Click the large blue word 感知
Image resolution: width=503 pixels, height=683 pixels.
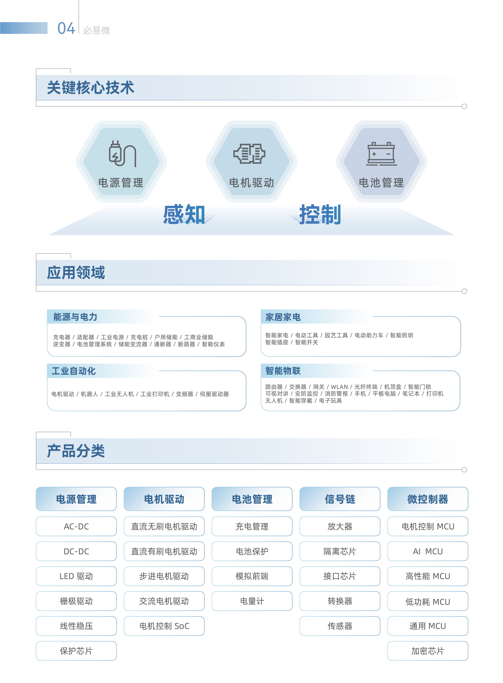pyautogui.click(x=184, y=215)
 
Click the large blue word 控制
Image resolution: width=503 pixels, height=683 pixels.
pyautogui.click(x=320, y=215)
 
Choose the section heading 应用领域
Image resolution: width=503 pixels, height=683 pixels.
pyautogui.click(x=76, y=272)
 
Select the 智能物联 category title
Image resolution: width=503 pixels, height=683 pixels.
pyautogui.click(x=283, y=371)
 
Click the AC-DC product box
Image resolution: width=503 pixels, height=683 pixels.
pyautogui.click(x=76, y=526)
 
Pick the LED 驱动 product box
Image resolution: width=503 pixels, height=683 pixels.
pyautogui.click(x=76, y=576)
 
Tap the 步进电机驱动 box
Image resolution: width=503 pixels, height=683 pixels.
pyautogui.click(x=164, y=576)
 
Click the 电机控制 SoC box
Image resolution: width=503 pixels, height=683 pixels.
pyautogui.click(x=164, y=626)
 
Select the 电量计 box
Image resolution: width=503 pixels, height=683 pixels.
pyautogui.click(x=252, y=601)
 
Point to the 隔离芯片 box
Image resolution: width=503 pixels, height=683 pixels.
pyautogui.click(x=340, y=551)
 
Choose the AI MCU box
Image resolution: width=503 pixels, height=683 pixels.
pyautogui.click(x=428, y=551)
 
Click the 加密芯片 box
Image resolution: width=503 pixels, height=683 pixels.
pyautogui.click(x=428, y=651)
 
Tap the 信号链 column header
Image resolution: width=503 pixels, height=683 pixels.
pyautogui.click(x=340, y=499)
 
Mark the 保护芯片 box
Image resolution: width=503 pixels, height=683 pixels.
pyautogui.click(x=76, y=651)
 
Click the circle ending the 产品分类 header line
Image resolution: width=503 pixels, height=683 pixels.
pyautogui.click(x=464, y=470)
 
